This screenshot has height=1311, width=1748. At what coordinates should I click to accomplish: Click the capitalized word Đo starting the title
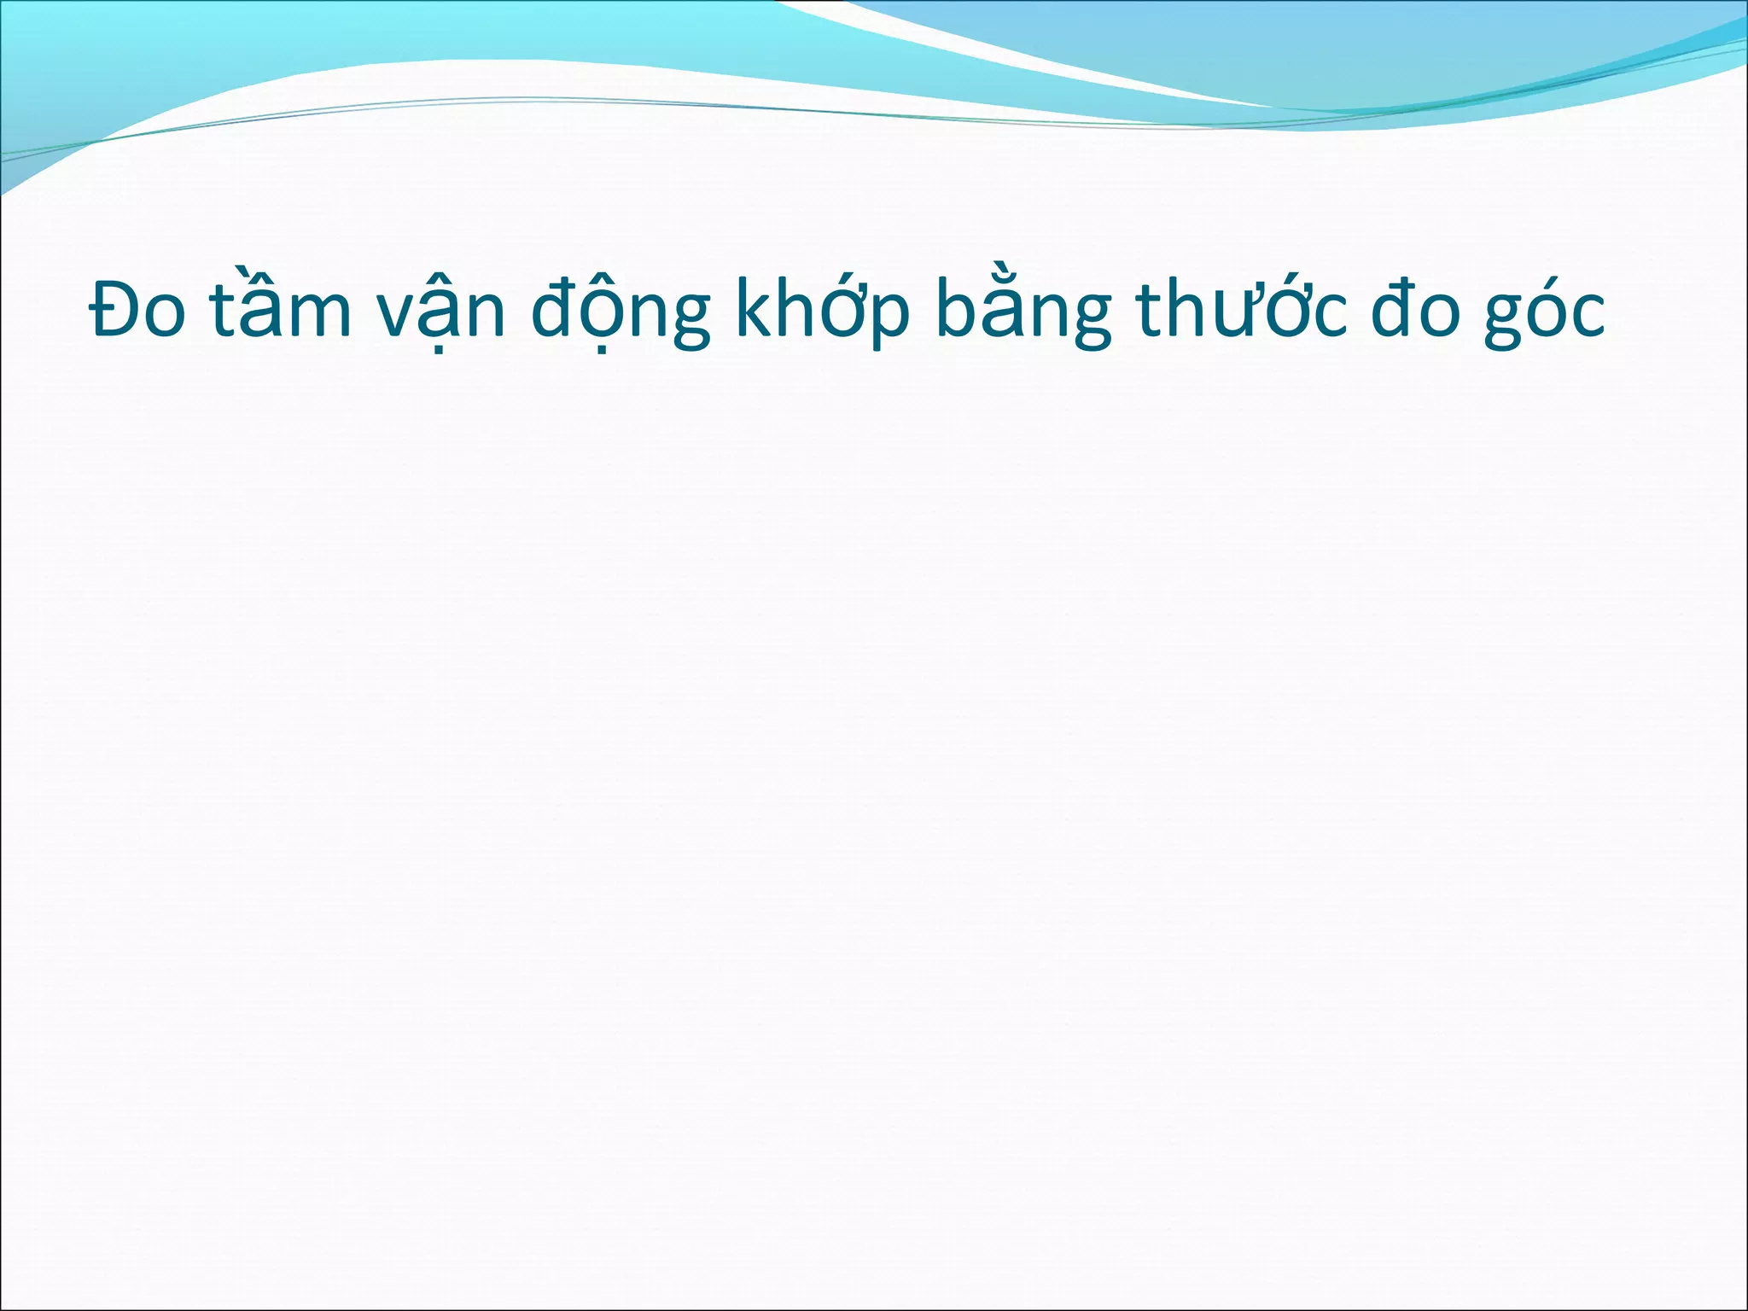click(137, 309)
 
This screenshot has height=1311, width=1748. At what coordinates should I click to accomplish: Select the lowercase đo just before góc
click(1418, 309)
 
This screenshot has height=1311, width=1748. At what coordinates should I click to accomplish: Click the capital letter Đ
click(114, 309)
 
